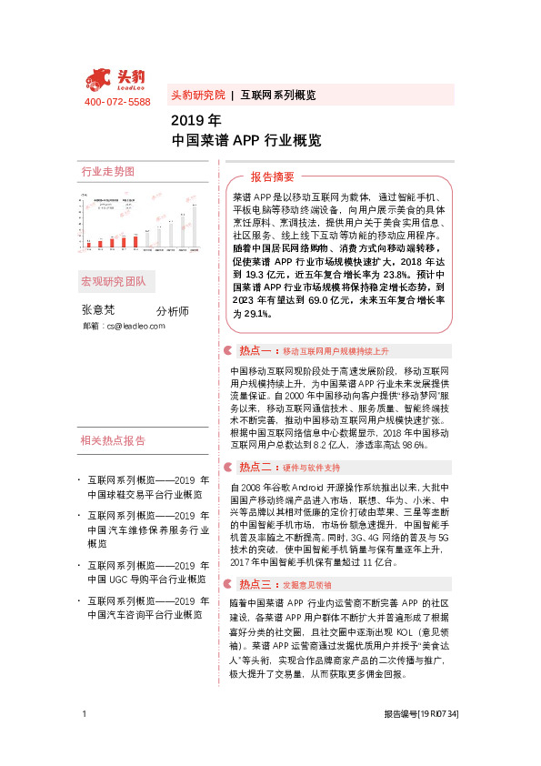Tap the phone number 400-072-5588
click(117, 101)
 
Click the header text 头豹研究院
click(197, 95)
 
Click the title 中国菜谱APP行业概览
click(246, 141)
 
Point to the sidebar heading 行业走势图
click(107, 172)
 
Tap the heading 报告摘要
click(273, 176)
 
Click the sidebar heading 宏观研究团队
click(114, 280)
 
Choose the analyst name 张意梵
click(99, 309)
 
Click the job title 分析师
click(173, 311)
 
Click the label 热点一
click(256, 350)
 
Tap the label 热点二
click(256, 468)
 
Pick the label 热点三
click(256, 585)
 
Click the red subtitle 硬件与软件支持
click(311, 469)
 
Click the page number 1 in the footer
click(84, 740)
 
